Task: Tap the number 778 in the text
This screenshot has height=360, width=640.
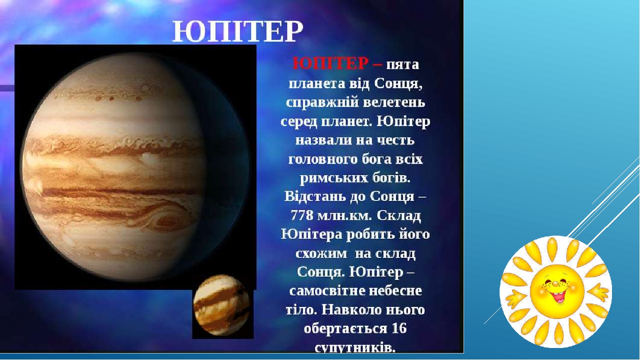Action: coord(303,215)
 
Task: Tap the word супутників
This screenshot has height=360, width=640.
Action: coord(354,347)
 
